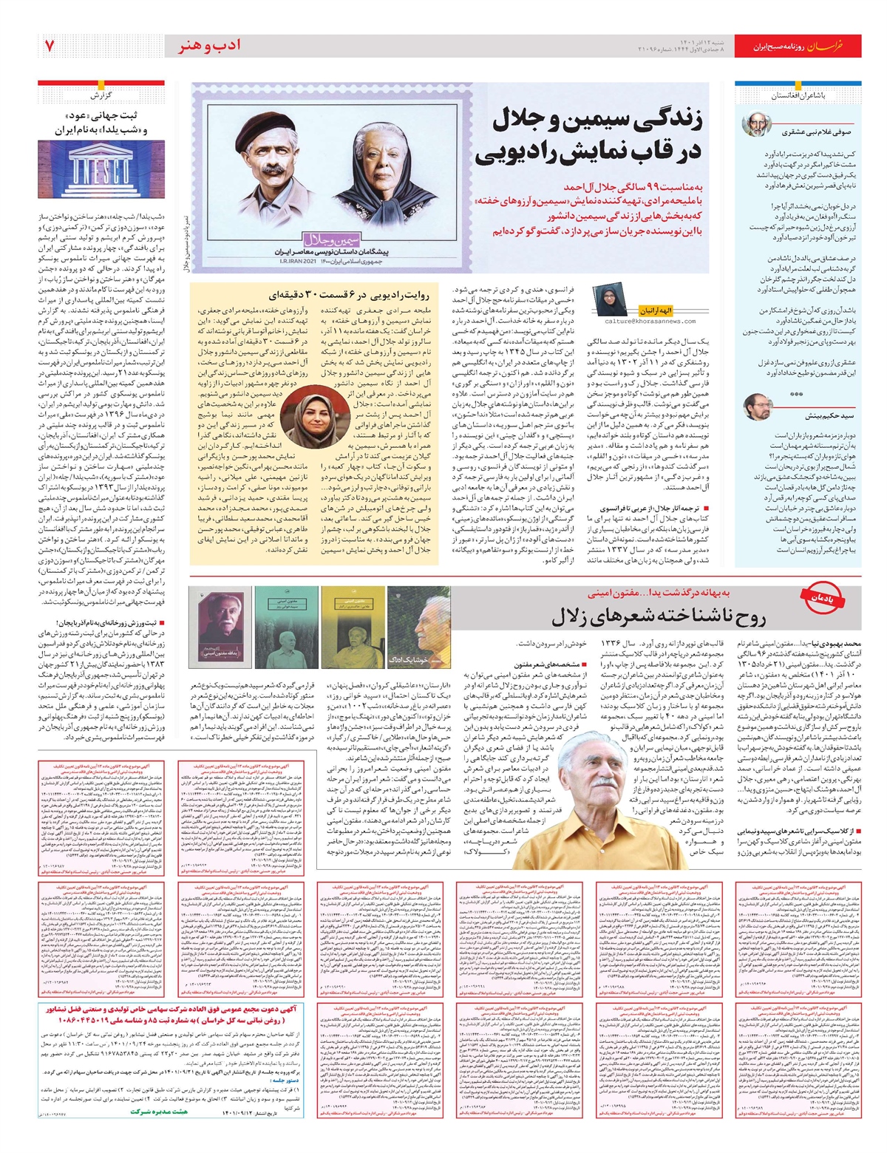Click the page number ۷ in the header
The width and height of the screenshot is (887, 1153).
(x=50, y=45)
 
